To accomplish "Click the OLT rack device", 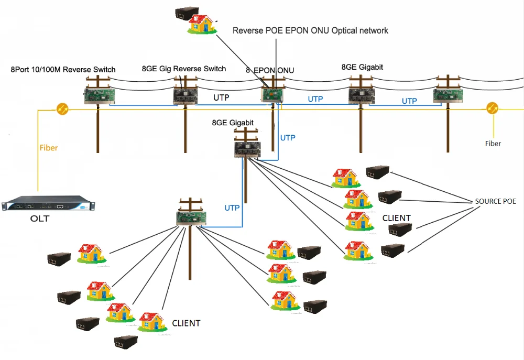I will coord(49,203).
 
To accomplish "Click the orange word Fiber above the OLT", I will coord(49,148).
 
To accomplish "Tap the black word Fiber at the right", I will coord(493,143).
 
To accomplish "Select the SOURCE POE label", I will coord(496,201).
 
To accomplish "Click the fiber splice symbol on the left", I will coord(62,109).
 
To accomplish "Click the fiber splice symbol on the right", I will coord(492,108).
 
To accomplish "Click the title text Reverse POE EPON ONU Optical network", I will coord(310,30).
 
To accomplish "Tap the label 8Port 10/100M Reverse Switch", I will coord(63,70).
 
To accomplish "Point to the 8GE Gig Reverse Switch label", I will coord(184,69).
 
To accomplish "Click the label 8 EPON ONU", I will coord(270,70).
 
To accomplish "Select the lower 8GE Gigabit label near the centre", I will coord(233,123).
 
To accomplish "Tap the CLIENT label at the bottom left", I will coord(186,323).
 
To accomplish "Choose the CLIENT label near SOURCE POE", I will coord(396,217).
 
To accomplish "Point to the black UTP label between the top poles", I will coord(222,97).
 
